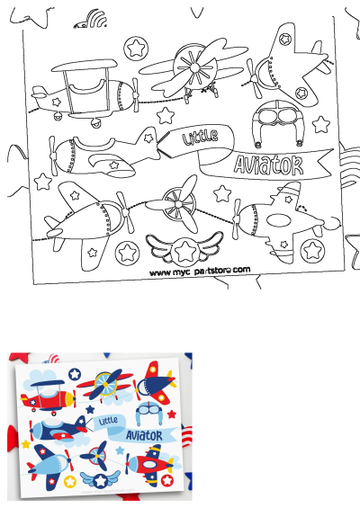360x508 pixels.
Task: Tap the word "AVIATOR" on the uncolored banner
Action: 268,163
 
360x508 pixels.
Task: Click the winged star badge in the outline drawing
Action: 185,248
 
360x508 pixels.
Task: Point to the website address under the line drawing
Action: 199,270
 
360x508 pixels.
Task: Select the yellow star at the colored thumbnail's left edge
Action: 25,443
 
